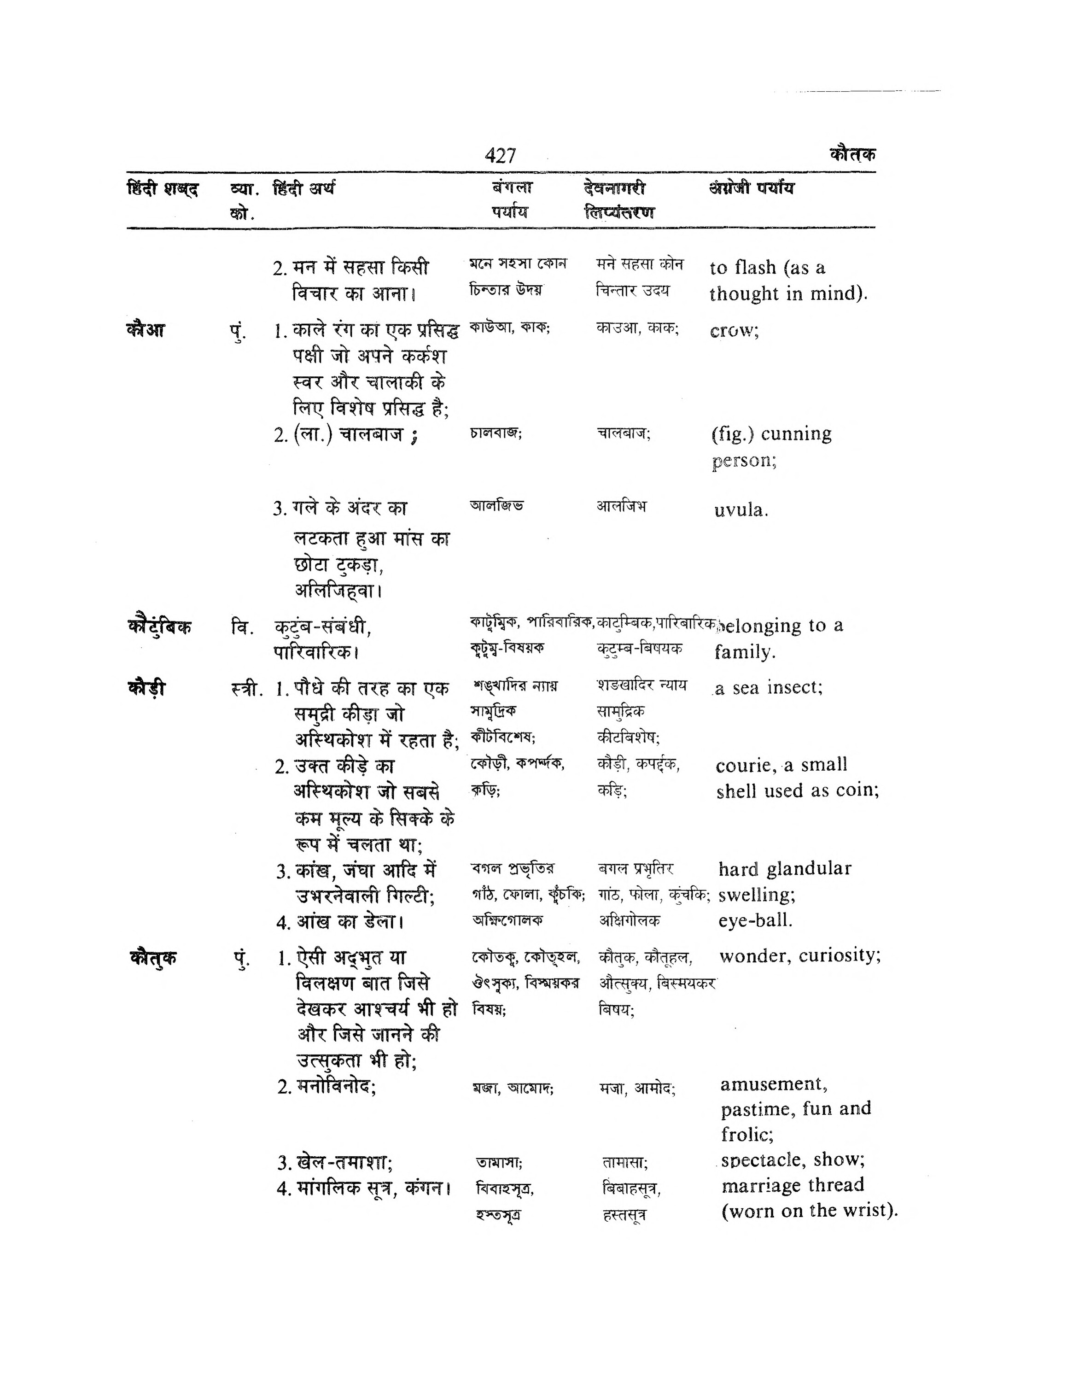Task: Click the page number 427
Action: (500, 155)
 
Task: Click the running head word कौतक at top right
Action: (852, 154)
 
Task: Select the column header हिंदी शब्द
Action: (163, 189)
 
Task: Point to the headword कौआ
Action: (146, 330)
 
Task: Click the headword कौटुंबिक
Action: (159, 627)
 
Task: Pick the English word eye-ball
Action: (755, 920)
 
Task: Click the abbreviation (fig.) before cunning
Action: (732, 434)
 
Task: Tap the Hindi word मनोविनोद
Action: (335, 1087)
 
